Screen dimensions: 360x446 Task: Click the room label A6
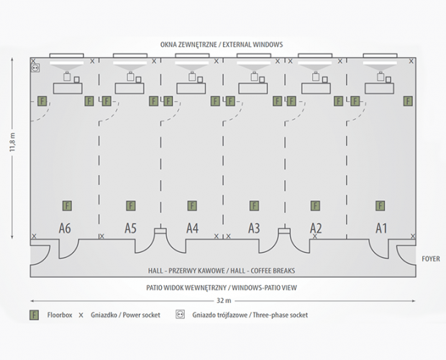coord(65,228)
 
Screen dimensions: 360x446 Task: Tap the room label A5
coord(129,228)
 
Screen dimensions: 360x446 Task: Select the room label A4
coord(192,228)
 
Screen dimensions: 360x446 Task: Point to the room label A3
coord(254,228)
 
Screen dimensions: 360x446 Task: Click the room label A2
coord(316,228)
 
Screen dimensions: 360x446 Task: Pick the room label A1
coord(381,228)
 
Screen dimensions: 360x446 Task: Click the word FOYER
coord(430,258)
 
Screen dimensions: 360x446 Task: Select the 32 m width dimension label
coord(223,300)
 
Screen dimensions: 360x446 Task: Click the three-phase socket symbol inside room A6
coord(35,67)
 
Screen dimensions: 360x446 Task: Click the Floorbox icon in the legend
coord(34,315)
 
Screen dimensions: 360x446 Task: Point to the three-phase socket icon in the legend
coord(180,315)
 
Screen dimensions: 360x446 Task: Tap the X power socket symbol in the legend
coord(81,315)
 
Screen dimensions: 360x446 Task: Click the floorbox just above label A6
coord(67,206)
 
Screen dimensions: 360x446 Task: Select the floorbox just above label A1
coord(379,206)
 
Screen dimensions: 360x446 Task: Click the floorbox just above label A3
coord(254,206)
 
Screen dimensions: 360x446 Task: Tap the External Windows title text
coord(222,45)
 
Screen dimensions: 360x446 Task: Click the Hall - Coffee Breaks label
coord(222,271)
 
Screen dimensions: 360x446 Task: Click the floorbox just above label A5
coord(130,206)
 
